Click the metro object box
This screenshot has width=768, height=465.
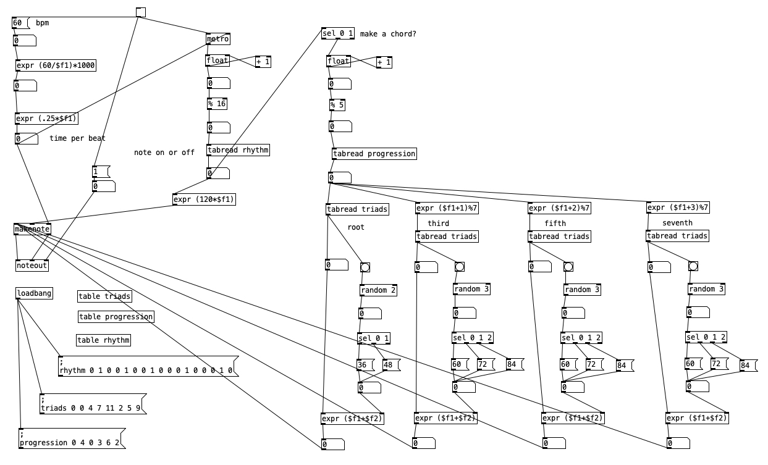pos(217,39)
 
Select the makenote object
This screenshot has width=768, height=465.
pos(32,229)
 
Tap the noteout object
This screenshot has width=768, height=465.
pos(32,266)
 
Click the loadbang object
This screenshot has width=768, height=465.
pos(34,293)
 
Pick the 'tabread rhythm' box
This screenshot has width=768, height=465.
pos(238,150)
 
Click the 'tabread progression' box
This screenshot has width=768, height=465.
pos(374,154)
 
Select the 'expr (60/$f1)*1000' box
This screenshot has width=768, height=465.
pos(56,65)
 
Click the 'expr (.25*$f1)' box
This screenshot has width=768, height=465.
pos(47,119)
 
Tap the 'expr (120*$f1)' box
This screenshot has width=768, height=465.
pos(205,199)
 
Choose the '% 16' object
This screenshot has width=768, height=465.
pos(217,104)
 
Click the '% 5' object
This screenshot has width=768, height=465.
pos(337,105)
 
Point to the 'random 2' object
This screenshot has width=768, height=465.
pos(378,290)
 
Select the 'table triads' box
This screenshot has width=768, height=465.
pos(105,296)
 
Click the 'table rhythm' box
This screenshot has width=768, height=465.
pos(104,340)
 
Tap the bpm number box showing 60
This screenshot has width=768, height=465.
pos(20,23)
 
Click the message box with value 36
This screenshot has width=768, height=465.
pos(363,365)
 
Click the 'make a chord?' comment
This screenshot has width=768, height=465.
pos(388,33)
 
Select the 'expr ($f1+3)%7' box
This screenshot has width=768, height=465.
pos(678,207)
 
